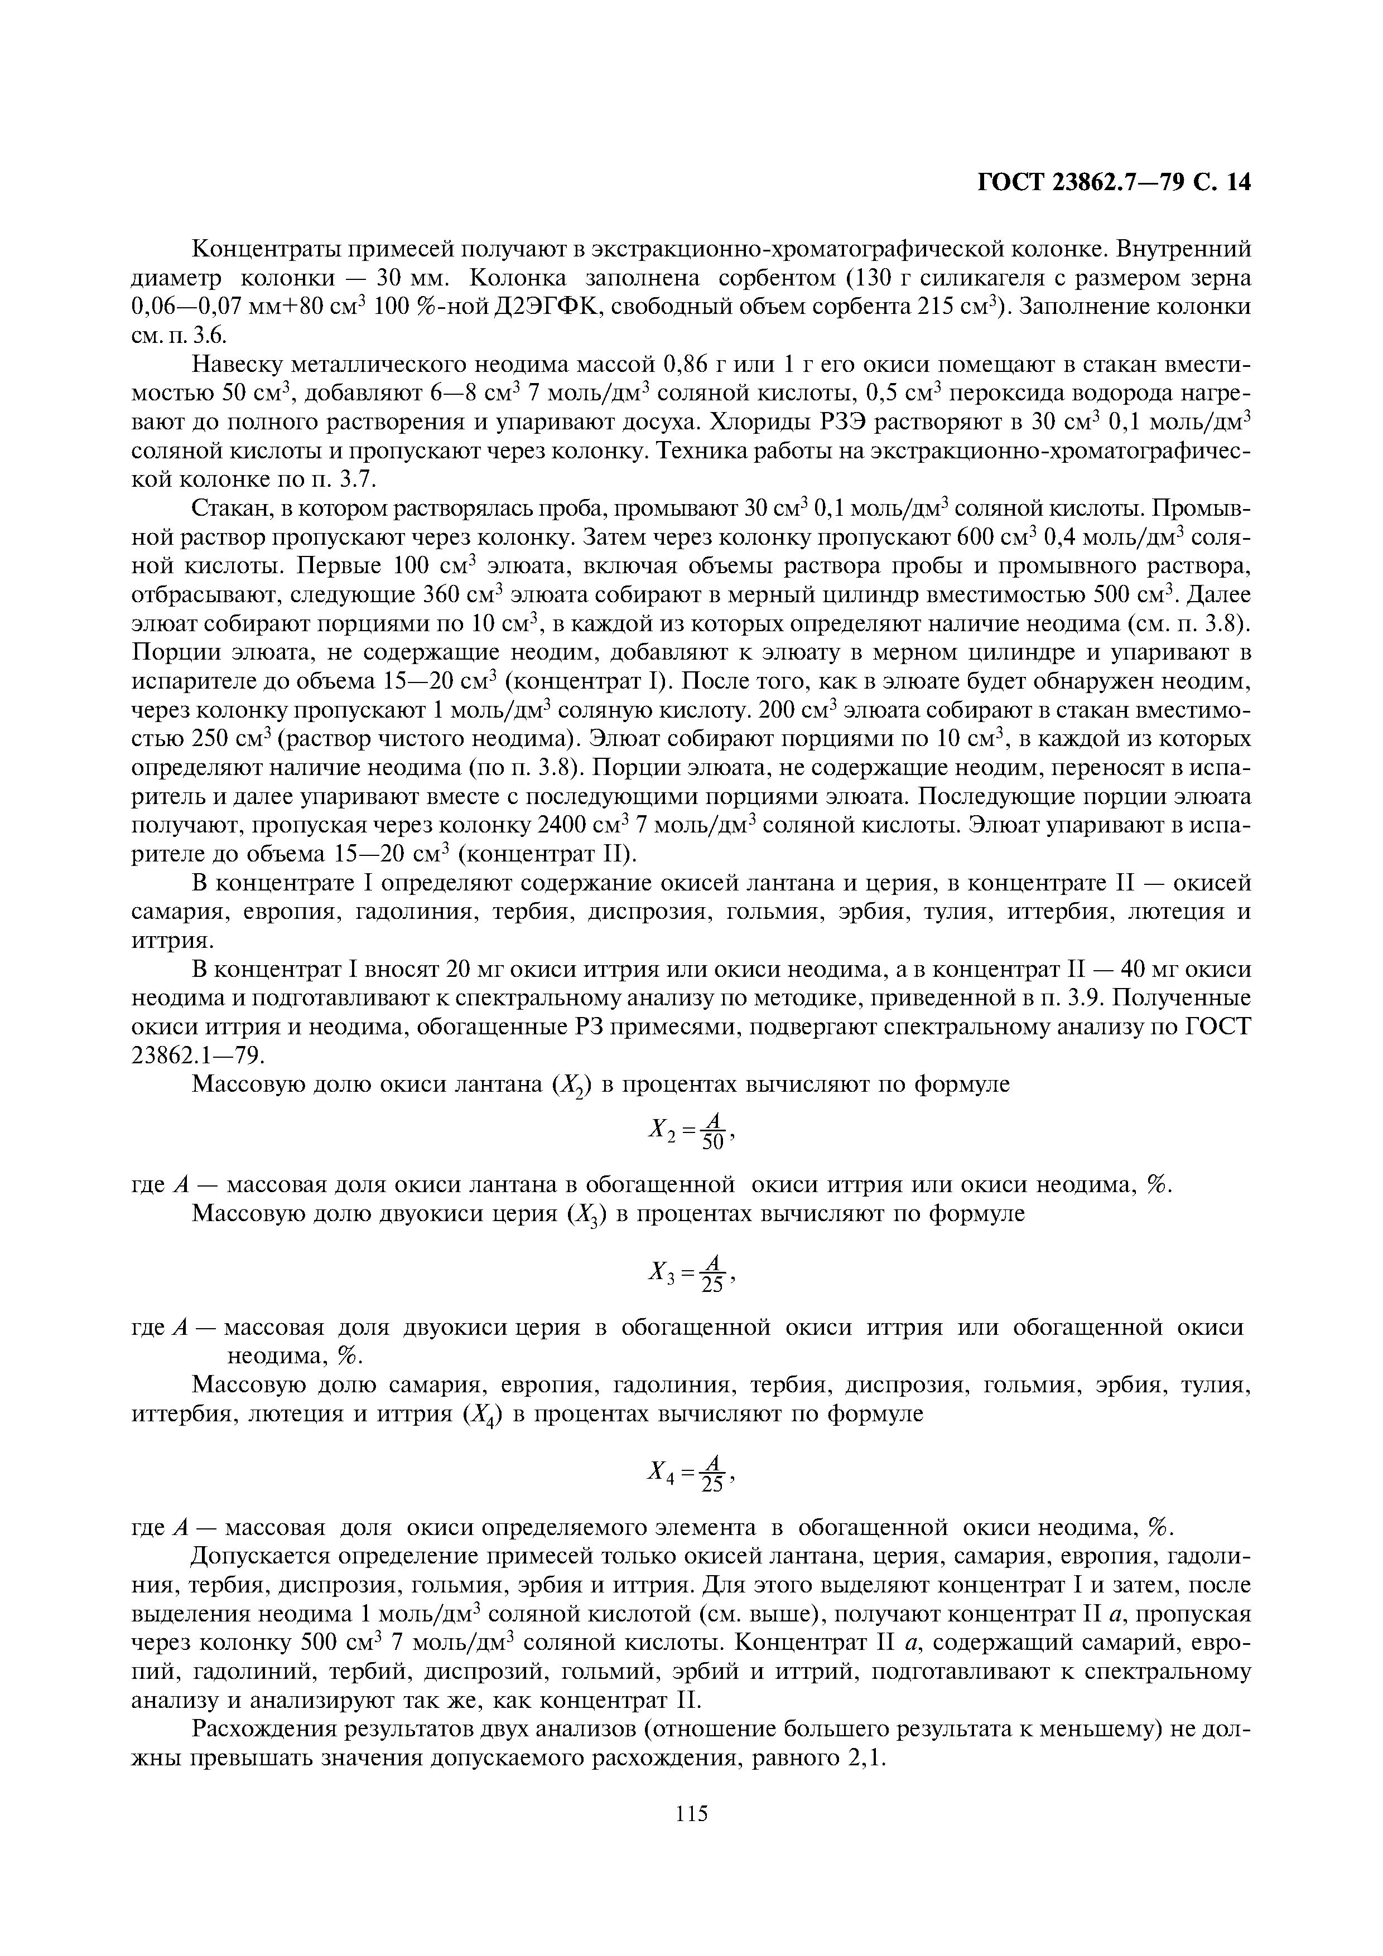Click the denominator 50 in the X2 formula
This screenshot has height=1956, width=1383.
click(x=713, y=1143)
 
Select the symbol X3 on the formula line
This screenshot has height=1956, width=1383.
click(x=661, y=1274)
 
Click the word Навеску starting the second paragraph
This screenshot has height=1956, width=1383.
click(x=238, y=365)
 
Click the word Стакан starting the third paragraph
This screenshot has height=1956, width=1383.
click(x=228, y=510)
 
